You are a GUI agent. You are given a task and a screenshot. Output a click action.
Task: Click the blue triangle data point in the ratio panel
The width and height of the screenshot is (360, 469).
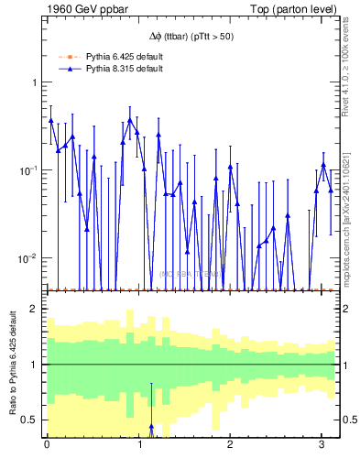[151, 427]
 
